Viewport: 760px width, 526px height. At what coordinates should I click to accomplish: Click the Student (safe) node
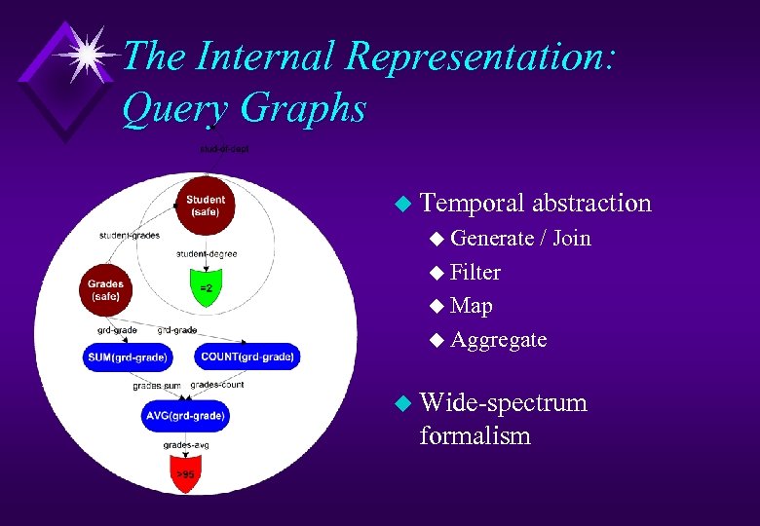point(205,206)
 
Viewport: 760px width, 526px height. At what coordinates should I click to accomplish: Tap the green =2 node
point(206,287)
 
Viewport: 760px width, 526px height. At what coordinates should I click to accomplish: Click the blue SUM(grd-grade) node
point(128,357)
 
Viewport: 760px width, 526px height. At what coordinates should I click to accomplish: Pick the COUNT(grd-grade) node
point(247,357)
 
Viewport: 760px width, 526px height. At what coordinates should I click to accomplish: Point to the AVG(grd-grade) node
point(185,416)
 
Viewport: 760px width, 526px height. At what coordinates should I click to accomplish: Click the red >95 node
point(185,475)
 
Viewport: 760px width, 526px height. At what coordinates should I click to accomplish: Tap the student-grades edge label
point(130,235)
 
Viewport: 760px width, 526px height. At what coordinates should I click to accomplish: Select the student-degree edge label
point(206,254)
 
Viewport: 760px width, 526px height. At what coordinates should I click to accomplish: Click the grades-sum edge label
point(156,387)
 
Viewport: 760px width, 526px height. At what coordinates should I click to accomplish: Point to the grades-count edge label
point(216,385)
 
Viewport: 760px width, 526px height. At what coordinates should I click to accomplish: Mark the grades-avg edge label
point(185,446)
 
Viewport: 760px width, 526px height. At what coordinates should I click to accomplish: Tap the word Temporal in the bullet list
point(474,203)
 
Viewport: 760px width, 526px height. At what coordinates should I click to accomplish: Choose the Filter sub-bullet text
point(475,272)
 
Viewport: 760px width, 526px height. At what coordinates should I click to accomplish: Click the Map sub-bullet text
point(472,306)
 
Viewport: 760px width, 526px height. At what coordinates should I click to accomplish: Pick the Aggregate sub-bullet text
point(498,340)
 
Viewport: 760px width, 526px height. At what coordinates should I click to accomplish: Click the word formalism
point(475,435)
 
